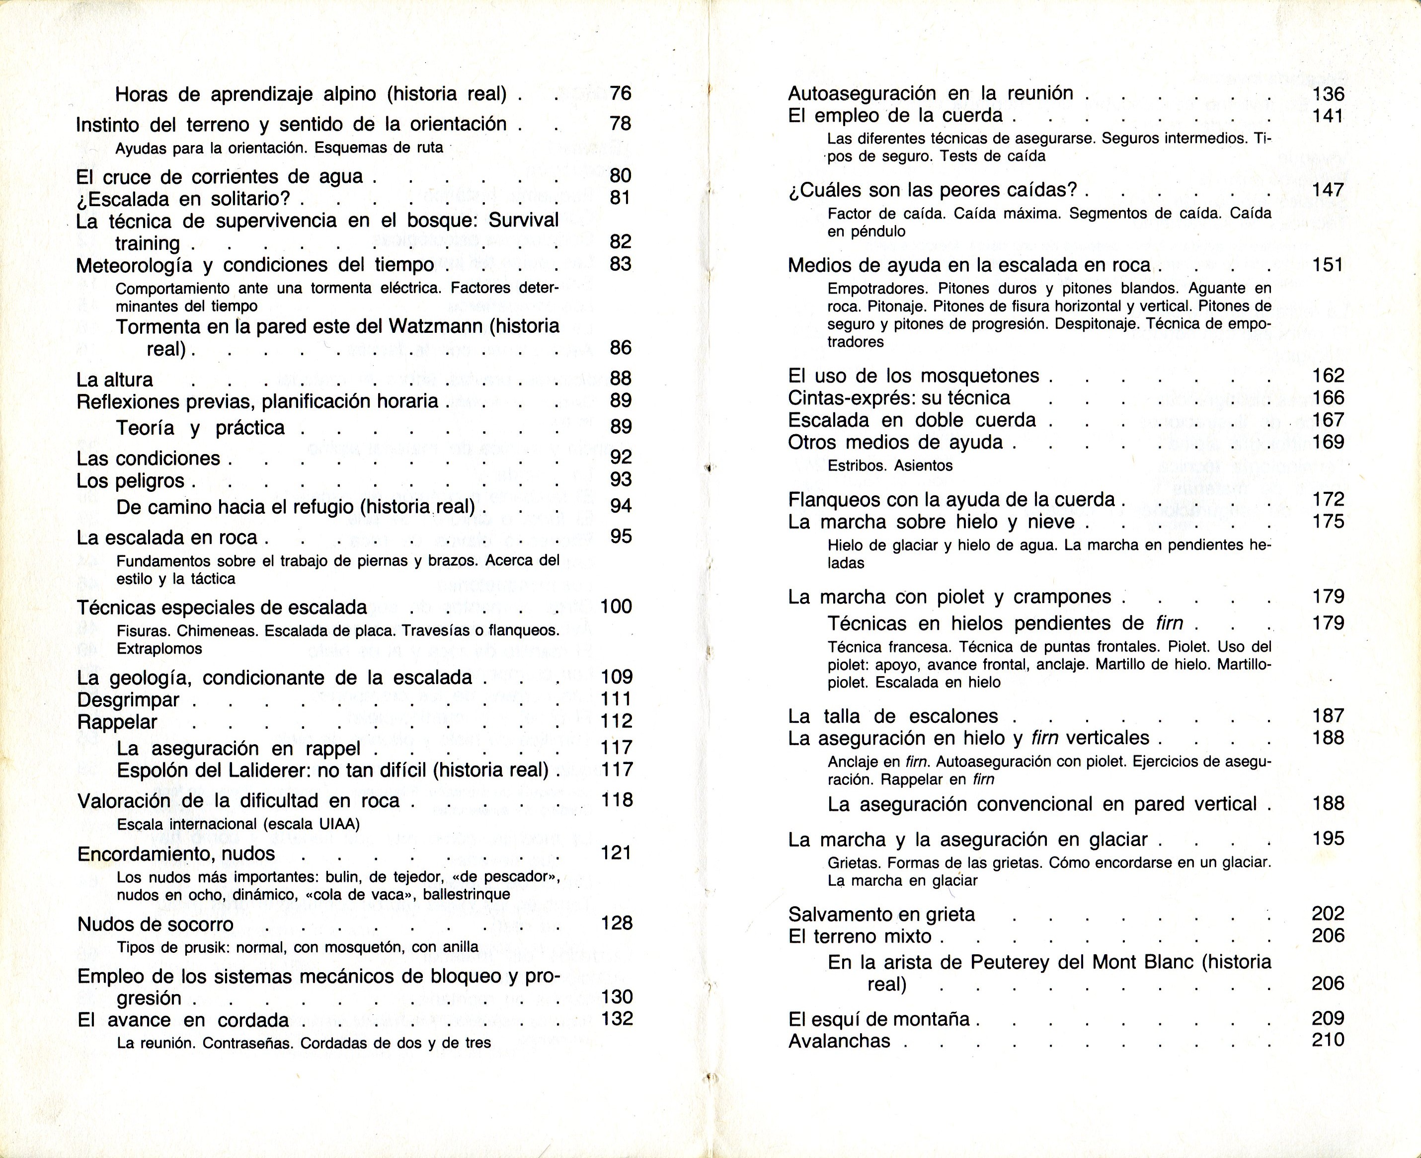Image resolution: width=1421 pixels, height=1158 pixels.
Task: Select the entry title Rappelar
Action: click(x=117, y=722)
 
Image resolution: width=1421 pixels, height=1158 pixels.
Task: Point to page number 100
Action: click(x=616, y=607)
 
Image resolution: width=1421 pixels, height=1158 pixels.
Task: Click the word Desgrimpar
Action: click(x=128, y=700)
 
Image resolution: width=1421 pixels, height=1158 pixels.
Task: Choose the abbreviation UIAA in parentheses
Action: click(x=337, y=824)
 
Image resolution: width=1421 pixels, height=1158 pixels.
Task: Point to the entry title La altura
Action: click(x=115, y=380)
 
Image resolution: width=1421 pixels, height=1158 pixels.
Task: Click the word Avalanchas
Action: click(x=839, y=1041)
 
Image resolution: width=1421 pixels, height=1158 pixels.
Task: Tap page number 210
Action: click(x=1328, y=1039)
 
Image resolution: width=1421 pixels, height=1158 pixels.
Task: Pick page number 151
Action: click(x=1328, y=265)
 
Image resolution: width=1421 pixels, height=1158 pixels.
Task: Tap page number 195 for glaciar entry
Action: click(x=1328, y=839)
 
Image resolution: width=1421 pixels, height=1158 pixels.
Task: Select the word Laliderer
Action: click(x=242, y=770)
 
